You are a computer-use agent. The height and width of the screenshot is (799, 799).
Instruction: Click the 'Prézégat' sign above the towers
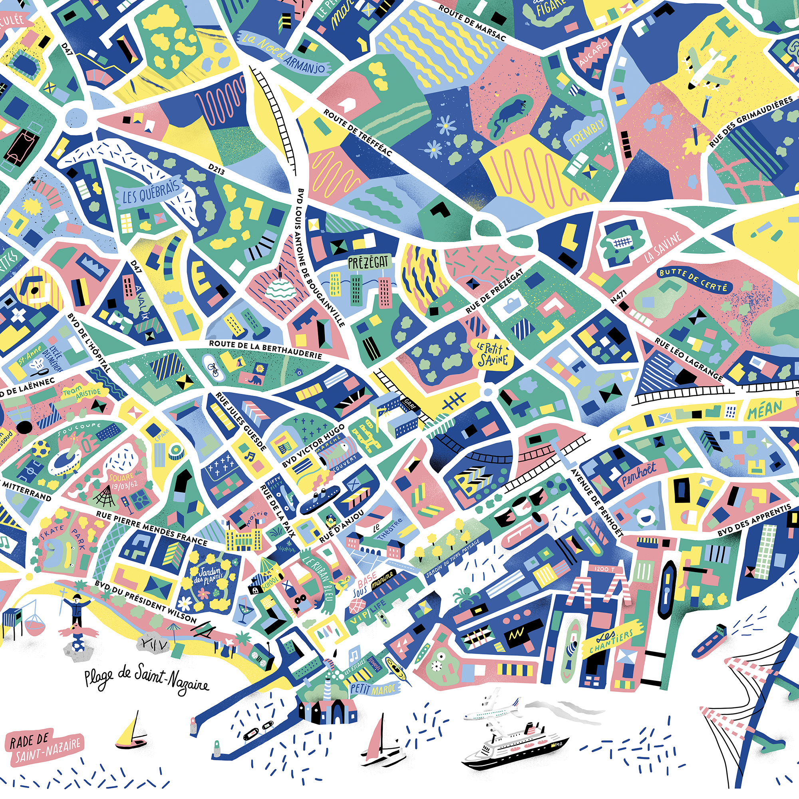(x=368, y=262)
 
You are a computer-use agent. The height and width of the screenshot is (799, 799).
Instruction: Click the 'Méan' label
(x=765, y=409)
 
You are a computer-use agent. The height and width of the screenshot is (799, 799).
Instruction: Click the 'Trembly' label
(x=587, y=131)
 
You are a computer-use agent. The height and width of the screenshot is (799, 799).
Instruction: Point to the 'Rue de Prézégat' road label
(x=495, y=290)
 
